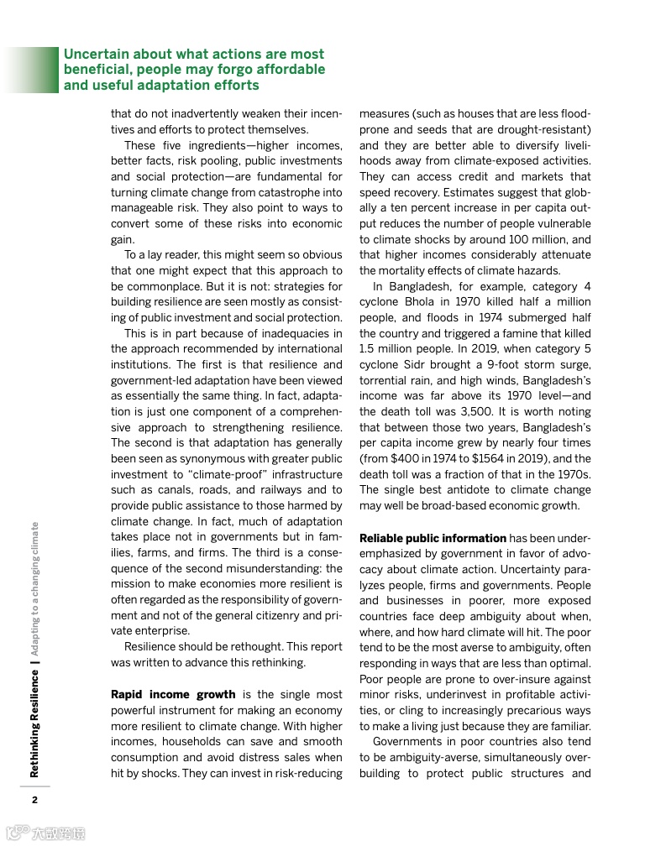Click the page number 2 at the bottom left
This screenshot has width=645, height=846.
click(x=34, y=799)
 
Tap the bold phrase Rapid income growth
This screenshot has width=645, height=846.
click(x=173, y=694)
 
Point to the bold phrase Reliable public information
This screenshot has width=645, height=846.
click(x=433, y=538)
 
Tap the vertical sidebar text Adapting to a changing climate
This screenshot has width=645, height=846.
click(x=34, y=587)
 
